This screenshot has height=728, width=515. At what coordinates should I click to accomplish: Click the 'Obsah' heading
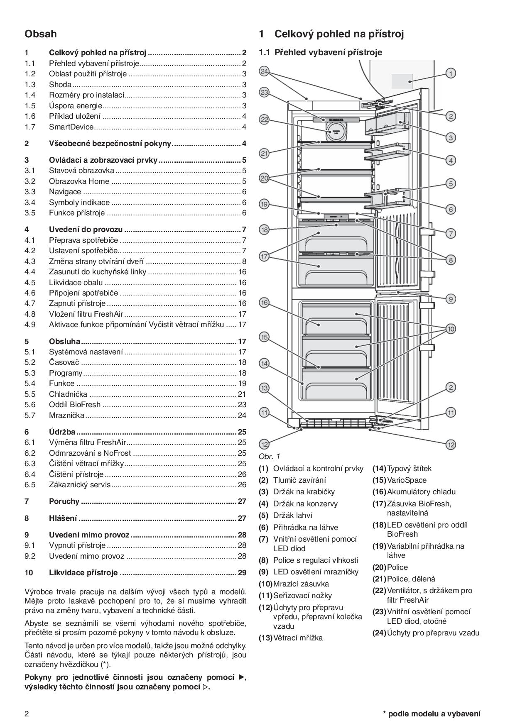[40, 34]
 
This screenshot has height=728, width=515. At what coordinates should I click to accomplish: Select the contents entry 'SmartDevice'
[71, 127]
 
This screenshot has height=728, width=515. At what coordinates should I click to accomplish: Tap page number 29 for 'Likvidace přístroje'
[242, 573]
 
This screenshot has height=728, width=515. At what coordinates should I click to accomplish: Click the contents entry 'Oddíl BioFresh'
[75, 405]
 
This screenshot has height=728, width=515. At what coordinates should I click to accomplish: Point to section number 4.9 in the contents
[30, 324]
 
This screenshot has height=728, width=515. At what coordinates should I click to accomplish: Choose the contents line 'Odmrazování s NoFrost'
[90, 453]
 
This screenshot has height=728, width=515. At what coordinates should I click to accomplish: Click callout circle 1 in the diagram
[451, 73]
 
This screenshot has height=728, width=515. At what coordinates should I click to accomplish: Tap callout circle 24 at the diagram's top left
[264, 71]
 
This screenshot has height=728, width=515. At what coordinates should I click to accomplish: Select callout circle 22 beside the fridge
[264, 120]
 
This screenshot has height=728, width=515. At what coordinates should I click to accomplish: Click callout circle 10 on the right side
[451, 329]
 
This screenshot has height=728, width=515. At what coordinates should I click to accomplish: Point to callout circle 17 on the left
[264, 257]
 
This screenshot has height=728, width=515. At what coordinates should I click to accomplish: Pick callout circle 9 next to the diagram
[451, 298]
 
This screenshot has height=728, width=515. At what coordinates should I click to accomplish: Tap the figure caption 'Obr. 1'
[269, 457]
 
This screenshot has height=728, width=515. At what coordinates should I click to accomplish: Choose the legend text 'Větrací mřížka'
[298, 638]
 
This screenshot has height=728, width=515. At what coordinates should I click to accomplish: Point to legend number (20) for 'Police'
[379, 567]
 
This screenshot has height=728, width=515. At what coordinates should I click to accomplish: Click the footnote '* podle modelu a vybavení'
[432, 714]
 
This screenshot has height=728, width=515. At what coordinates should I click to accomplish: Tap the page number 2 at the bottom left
[27, 714]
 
